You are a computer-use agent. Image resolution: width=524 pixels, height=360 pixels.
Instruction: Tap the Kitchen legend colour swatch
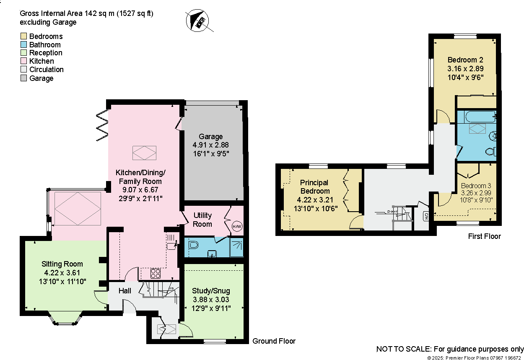pyautogui.click(x=23, y=61)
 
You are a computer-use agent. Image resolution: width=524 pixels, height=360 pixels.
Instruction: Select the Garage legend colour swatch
pyautogui.click(x=23, y=78)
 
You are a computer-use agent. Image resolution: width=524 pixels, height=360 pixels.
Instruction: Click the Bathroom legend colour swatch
pyautogui.click(x=23, y=45)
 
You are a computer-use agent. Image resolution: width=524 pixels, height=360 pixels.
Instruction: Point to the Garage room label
pyautogui.click(x=211, y=137)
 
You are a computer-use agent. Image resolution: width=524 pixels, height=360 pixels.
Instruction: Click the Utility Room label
pyautogui.click(x=202, y=220)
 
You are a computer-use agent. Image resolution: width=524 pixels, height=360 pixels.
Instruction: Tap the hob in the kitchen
pyautogui.click(x=156, y=273)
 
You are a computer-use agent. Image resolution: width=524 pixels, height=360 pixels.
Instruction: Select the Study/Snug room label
pyautogui.click(x=211, y=291)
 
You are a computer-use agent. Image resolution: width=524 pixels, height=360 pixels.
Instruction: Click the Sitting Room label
pyautogui.click(x=62, y=264)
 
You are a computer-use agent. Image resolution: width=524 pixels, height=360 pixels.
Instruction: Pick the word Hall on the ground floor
pyautogui.click(x=125, y=291)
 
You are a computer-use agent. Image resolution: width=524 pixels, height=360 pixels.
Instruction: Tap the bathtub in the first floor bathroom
pyautogui.click(x=476, y=117)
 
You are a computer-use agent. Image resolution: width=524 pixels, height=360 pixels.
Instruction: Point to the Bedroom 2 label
pyautogui.click(x=462, y=60)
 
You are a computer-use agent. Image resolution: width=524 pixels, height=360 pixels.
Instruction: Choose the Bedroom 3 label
pyautogui.click(x=476, y=186)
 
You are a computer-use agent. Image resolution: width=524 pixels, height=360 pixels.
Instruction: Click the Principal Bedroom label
pyautogui.click(x=314, y=186)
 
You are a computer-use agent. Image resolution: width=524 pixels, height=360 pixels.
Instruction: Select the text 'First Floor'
pyautogui.click(x=484, y=236)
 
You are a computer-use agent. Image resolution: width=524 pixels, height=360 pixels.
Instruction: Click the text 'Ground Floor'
pyautogui.click(x=274, y=341)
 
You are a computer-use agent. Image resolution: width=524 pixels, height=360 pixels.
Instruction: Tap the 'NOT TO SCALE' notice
pyautogui.click(x=450, y=349)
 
